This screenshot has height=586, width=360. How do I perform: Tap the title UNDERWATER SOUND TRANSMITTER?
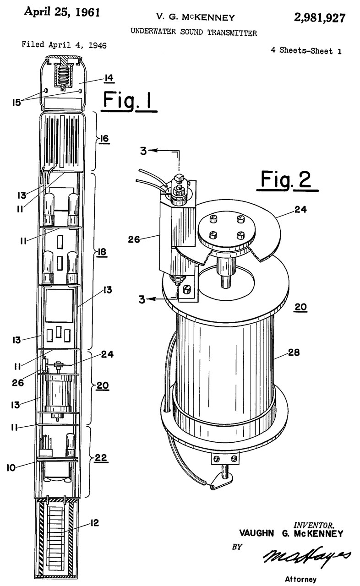click(194, 33)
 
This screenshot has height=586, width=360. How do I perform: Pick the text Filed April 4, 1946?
click(64, 45)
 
